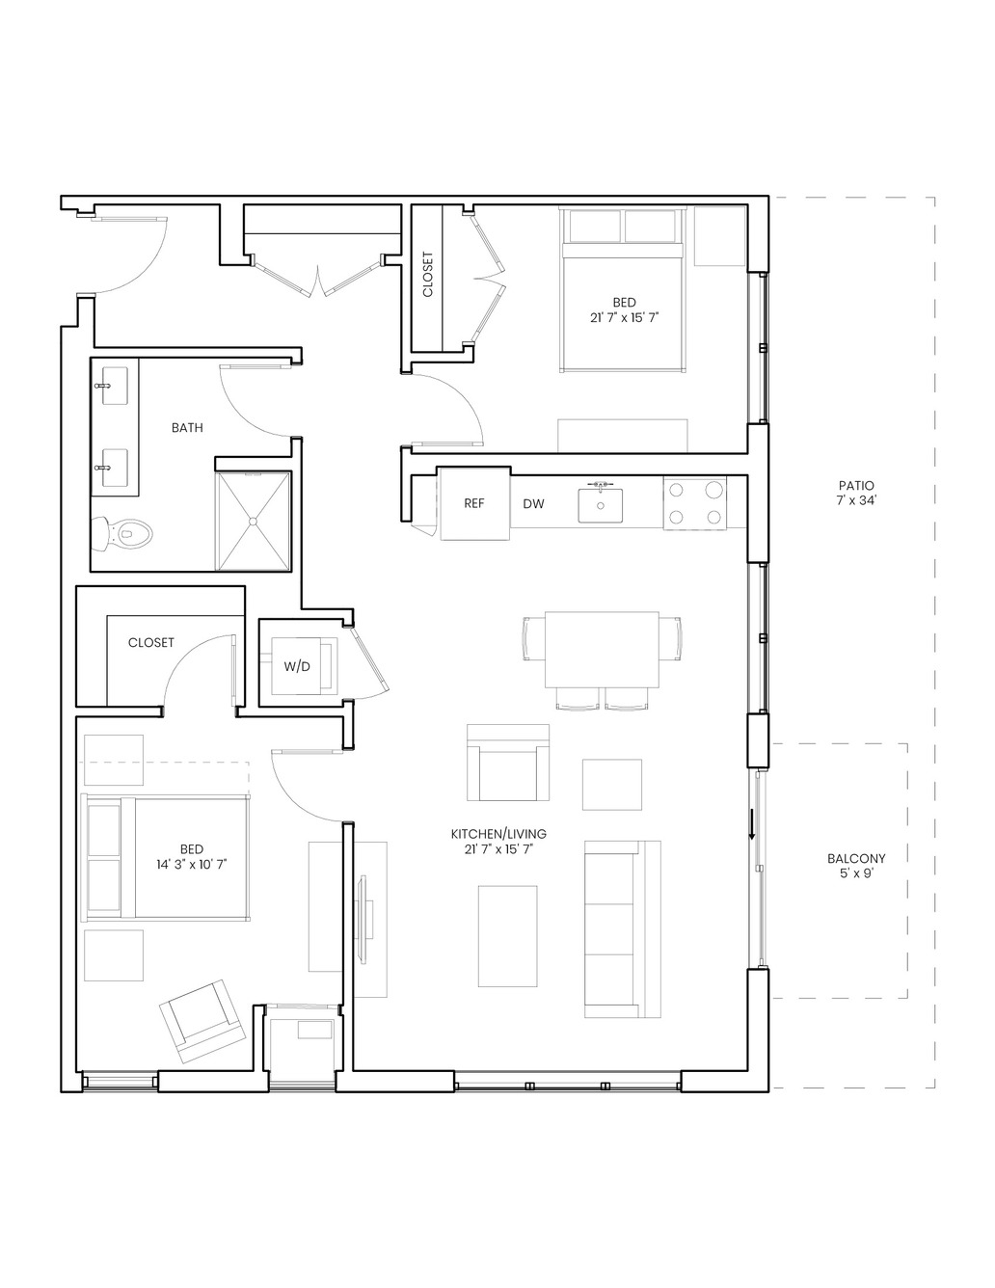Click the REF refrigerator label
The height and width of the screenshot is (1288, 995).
[474, 504]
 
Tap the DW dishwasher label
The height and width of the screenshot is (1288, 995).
[533, 504]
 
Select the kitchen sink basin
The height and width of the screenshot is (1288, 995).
[601, 505]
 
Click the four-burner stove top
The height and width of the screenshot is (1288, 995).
[694, 503]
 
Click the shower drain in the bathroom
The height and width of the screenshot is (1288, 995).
[253, 522]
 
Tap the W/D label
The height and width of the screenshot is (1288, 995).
[297, 667]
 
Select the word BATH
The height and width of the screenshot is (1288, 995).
[187, 427]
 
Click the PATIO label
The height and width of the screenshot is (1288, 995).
[856, 486]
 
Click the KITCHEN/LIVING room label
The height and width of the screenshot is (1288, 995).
[498, 834]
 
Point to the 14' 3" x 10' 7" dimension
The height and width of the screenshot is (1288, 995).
[192, 865]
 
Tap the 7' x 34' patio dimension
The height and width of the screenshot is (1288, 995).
[856, 500]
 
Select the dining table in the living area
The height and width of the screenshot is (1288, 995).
[602, 650]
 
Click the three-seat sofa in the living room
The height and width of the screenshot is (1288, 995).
[622, 928]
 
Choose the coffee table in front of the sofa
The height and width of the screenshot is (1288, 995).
[508, 936]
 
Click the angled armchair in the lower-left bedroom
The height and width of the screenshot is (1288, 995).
[202, 1021]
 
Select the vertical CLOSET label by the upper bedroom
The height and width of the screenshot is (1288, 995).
[428, 275]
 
